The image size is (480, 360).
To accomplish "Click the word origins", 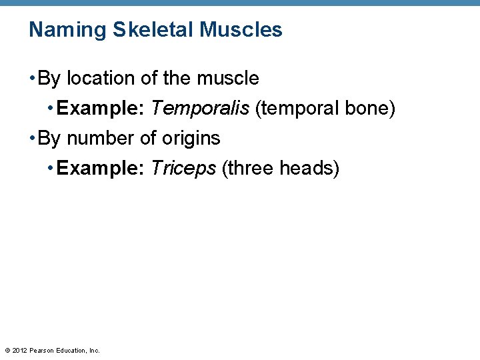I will pos(191,139).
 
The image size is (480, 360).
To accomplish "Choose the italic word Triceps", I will pos(183,169).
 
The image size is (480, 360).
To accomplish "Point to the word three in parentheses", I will pos(251,169).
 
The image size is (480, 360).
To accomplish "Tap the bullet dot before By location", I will pos(32,79).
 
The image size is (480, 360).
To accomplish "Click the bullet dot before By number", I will pos(32,139).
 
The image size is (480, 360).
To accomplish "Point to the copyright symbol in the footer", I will pos(7,350).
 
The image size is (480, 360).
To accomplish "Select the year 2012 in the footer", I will pos(20,350).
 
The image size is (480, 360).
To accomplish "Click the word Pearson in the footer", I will pos(42,350).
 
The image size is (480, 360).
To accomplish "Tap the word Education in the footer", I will pos(71,350).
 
